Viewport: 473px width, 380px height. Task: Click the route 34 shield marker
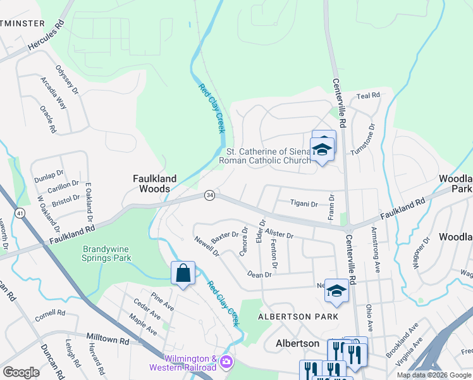(x=209, y=196)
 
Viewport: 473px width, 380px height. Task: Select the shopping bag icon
(x=183, y=274)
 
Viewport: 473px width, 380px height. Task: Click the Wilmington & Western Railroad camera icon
(x=226, y=363)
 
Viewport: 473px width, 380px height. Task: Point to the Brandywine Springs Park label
(x=106, y=253)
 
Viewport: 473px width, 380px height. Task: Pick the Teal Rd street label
(x=368, y=95)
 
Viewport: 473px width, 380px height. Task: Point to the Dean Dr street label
(x=259, y=274)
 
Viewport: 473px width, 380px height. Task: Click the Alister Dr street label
(x=279, y=234)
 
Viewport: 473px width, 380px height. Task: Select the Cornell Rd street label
(x=50, y=313)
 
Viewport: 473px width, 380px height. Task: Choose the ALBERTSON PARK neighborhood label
(x=298, y=316)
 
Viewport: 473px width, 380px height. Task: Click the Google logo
(x=21, y=372)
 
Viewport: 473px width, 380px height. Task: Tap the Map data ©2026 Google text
(x=434, y=375)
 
